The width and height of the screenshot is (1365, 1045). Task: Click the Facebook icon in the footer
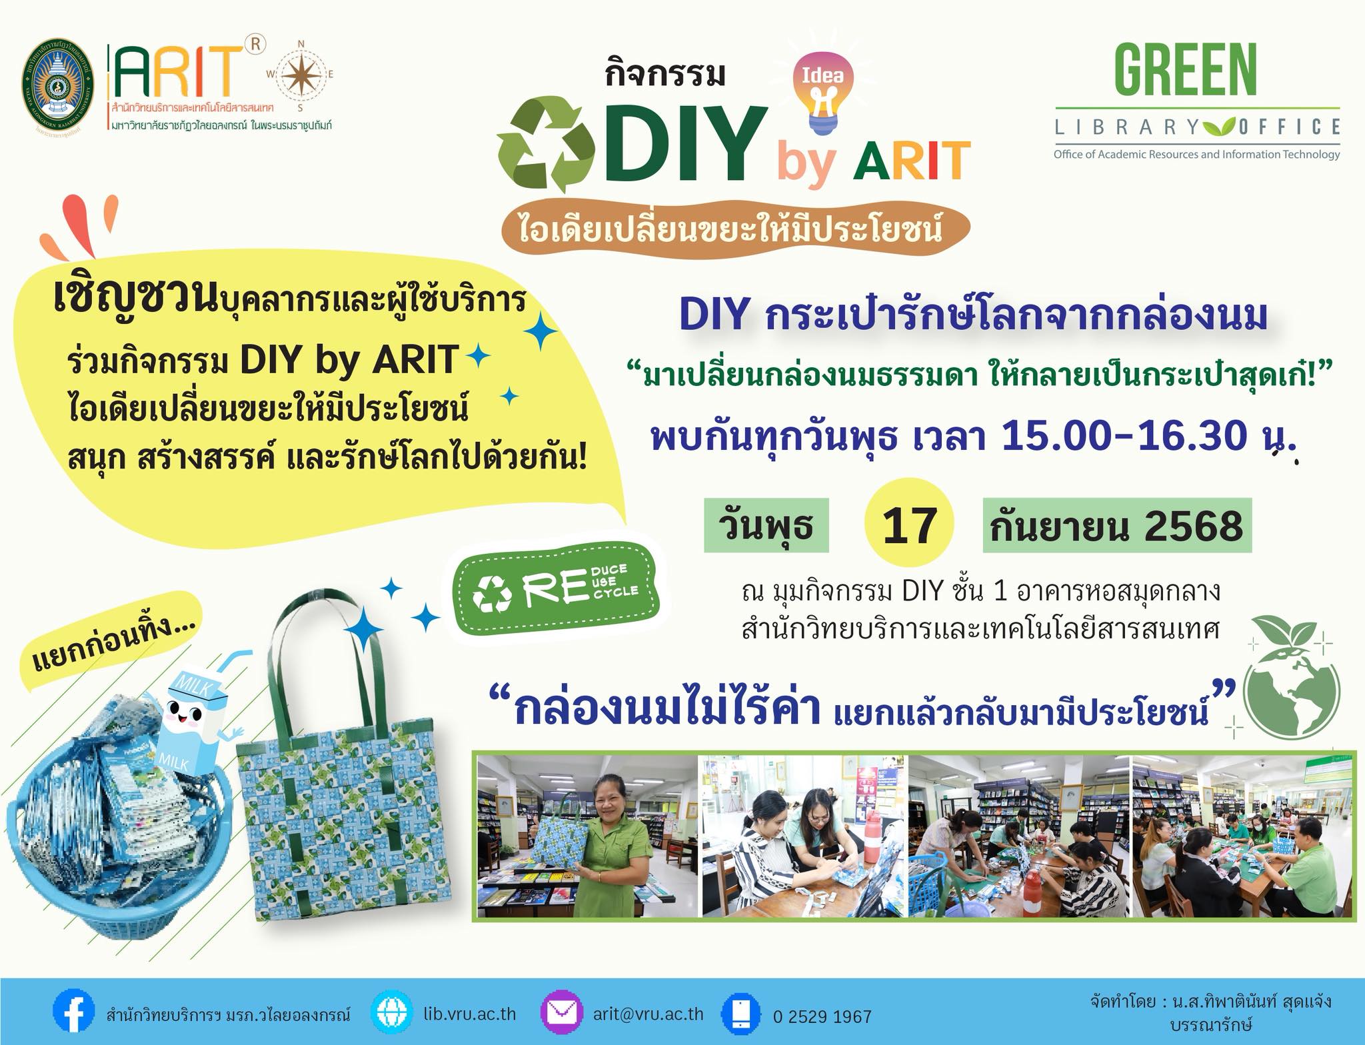tap(74, 1015)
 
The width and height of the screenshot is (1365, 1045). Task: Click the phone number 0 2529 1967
tap(822, 1016)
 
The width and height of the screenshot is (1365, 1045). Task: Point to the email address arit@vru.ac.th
tap(649, 1014)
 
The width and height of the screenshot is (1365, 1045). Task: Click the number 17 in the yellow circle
tap(909, 526)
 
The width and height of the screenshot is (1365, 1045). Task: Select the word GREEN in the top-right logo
tap(1186, 69)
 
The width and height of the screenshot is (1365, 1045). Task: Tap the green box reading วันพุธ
tap(766, 525)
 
